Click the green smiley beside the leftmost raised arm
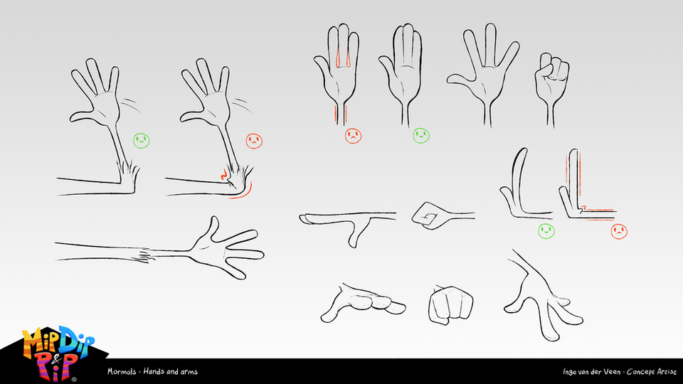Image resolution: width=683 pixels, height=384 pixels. pyautogui.click(x=142, y=140)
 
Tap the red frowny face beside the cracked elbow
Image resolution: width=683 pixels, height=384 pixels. pyautogui.click(x=254, y=141)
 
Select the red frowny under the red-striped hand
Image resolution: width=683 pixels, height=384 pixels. pyautogui.click(x=351, y=135)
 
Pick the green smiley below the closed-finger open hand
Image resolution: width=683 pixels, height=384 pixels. pyautogui.click(x=420, y=135)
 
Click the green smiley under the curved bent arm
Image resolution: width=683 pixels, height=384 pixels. pyautogui.click(x=546, y=230)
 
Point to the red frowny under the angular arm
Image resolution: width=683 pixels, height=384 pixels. pyautogui.click(x=619, y=230)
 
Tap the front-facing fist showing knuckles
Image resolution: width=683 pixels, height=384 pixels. pyautogui.click(x=450, y=304)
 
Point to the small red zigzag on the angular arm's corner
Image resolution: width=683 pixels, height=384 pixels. pyautogui.click(x=582, y=209)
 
